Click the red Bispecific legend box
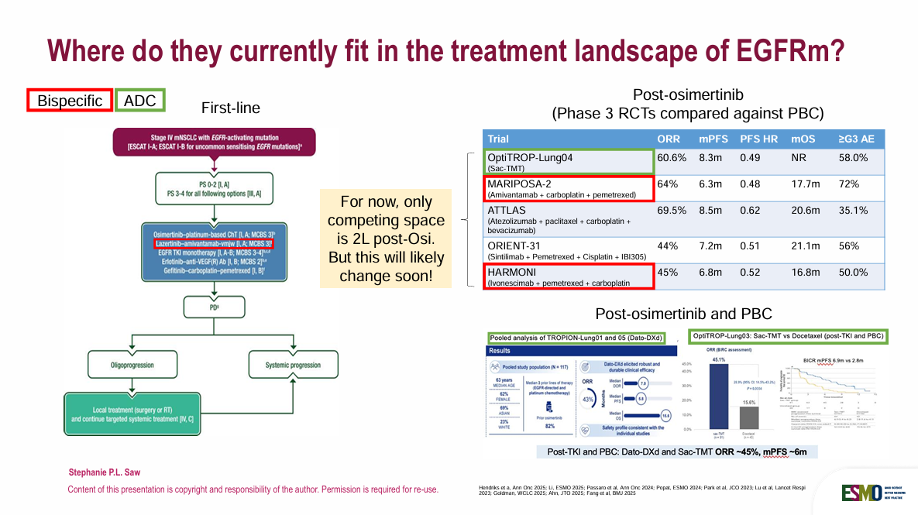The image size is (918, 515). pos(70,101)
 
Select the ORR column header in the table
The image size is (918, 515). pos(669,139)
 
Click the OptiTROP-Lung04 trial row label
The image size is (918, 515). pos(535,158)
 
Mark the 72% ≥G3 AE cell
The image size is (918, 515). pos(851,184)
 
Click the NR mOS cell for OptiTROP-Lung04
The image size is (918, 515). pos(799,158)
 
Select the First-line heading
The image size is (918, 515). pos(230,108)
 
